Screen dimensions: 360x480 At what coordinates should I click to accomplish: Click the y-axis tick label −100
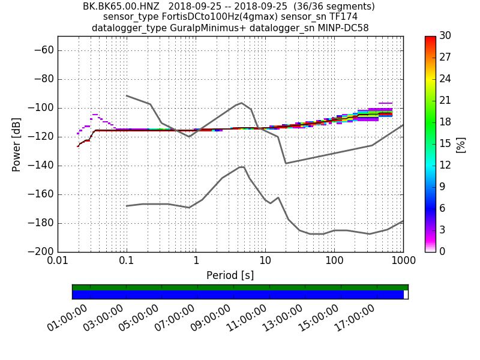pos(42,108)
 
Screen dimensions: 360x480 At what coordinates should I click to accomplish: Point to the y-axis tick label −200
pos(42,251)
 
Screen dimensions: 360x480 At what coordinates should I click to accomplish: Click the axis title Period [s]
pos(230,275)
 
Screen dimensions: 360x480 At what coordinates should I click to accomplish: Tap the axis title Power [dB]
pos(17,144)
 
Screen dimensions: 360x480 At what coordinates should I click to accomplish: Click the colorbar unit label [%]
pos(461,144)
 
